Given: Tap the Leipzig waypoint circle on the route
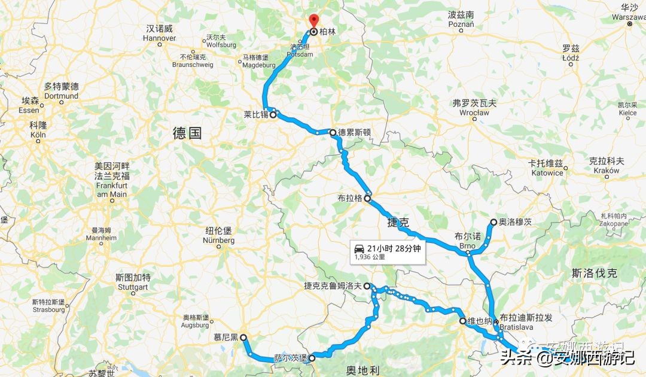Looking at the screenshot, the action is coord(273,115).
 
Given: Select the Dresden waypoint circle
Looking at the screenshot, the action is coord(333,132).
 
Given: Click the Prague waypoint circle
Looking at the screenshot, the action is coord(368,199).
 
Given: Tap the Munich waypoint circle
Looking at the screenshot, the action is coord(243,338).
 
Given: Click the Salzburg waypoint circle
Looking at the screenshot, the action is coord(312,358).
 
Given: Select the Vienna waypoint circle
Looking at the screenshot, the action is coord(462,321).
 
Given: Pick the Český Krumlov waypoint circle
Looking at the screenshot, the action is coord(367,286).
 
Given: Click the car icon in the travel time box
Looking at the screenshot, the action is coord(359,248).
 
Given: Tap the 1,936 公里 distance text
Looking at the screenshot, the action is coord(370,257).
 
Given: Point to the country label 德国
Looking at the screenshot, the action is coord(187,133).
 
